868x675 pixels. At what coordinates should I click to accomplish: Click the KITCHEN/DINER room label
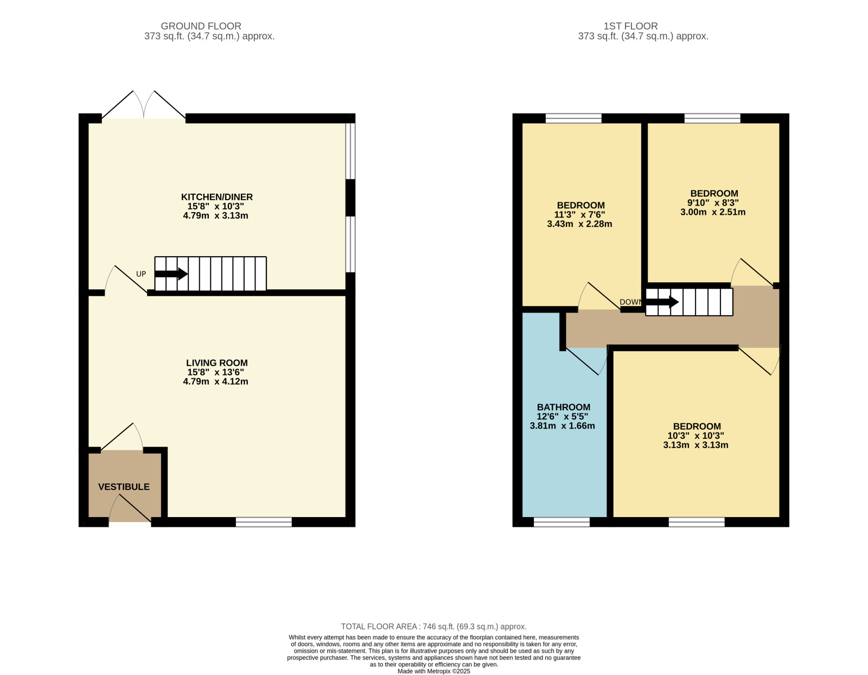pos(217,197)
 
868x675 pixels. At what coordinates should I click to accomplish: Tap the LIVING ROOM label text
pos(217,362)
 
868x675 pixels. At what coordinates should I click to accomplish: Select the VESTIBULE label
pos(124,487)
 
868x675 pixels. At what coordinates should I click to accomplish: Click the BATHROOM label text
pos(564,407)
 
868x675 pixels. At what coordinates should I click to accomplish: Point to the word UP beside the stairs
pos(141,274)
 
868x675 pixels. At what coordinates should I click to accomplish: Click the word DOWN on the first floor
pos(631,302)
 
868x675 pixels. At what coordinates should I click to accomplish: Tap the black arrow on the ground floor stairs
pos(171,274)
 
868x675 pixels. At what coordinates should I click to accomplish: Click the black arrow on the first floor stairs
pos(662,302)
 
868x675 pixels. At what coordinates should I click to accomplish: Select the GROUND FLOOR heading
pos(201,26)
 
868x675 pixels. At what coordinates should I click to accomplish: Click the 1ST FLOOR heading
pos(631,26)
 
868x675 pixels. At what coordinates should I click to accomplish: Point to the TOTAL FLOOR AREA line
pos(434,627)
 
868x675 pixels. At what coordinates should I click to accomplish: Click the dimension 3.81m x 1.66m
pos(563,426)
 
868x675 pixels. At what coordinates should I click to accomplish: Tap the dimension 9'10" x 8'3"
pos(713,202)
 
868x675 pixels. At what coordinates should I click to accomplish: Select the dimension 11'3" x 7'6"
pos(579,214)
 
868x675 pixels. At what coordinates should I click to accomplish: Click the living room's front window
pos(264,522)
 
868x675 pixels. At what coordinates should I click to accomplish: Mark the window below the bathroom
pos(561,522)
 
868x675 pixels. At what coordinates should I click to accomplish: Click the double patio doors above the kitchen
pos(144,105)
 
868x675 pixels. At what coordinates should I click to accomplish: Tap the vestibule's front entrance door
pos(130,509)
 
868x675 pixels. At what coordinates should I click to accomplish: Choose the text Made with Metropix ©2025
pos(434,671)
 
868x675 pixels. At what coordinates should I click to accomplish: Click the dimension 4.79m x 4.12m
pos(216,381)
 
